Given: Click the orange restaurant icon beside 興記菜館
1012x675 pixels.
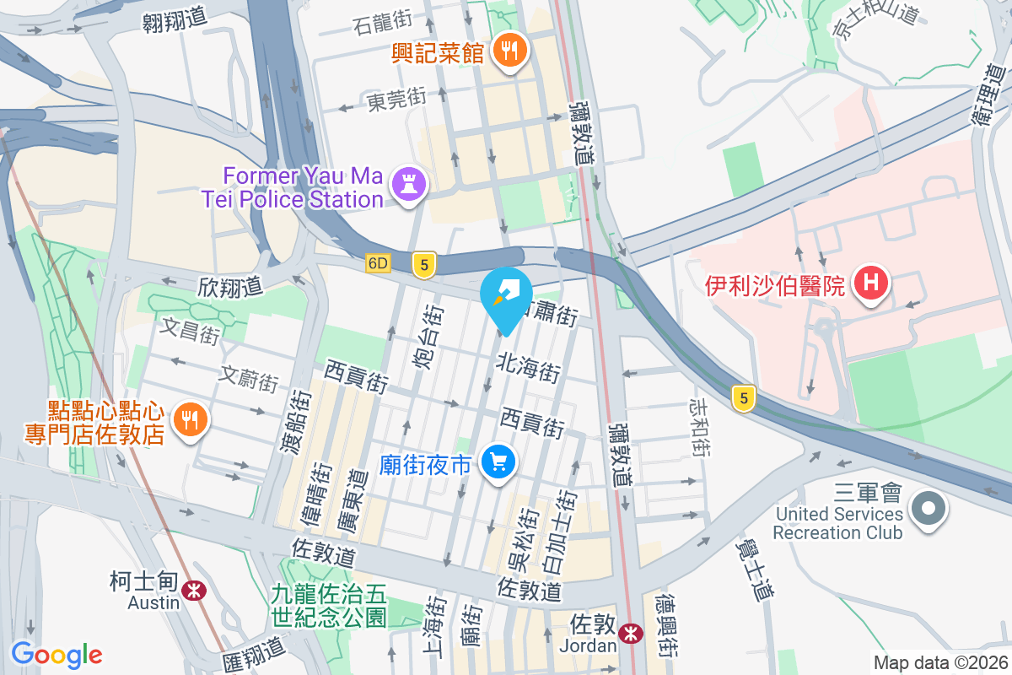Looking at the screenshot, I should (x=509, y=51).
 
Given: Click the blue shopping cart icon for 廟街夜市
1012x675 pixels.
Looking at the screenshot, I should (x=498, y=462).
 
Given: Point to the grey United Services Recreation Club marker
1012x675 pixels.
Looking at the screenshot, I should (x=929, y=508).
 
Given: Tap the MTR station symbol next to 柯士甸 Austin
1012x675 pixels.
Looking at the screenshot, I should (x=194, y=590).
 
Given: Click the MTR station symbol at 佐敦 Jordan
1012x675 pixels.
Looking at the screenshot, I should (x=629, y=633).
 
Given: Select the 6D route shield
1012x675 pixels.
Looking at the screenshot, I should (x=379, y=263).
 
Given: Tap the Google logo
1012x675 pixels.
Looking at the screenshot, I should (x=57, y=654).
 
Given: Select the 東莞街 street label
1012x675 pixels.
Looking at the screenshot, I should (x=396, y=100).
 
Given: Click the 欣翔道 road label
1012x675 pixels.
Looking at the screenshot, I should (x=230, y=287).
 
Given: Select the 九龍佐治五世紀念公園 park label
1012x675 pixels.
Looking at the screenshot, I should (x=329, y=605).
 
